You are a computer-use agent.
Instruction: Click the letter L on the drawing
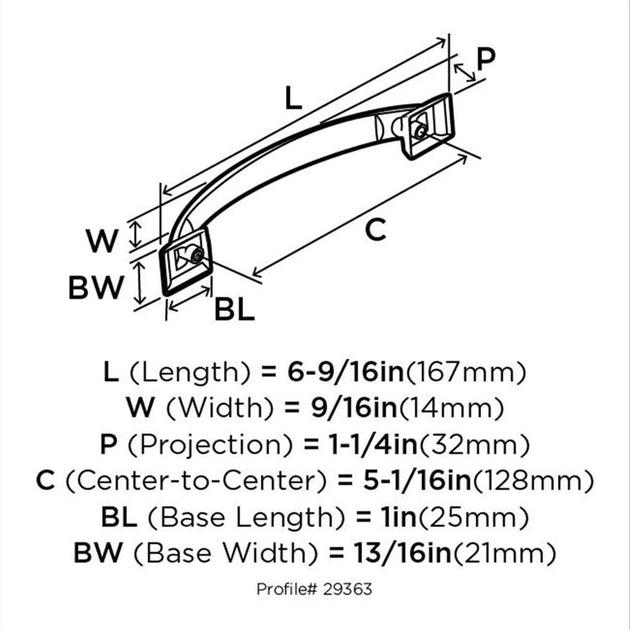pos(293,98)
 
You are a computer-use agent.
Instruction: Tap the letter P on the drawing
pos(486,60)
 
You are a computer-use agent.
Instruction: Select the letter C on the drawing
pos(376,229)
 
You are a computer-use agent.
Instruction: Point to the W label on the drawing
pos(102,241)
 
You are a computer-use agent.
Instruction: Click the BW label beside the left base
pos(96,287)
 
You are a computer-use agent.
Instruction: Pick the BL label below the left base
pos(234,309)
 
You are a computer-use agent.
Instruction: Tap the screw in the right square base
pos(420,132)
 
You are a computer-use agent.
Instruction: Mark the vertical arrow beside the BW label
pos(140,282)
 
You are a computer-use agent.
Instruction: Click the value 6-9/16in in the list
pos(345,372)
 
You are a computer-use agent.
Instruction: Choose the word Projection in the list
pos(210,445)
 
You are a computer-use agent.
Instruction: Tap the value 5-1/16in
pos(417,480)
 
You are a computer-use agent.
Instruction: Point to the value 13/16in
pos(402,553)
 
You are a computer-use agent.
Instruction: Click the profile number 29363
pos(348,589)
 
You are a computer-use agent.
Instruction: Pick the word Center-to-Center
pos(196,480)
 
